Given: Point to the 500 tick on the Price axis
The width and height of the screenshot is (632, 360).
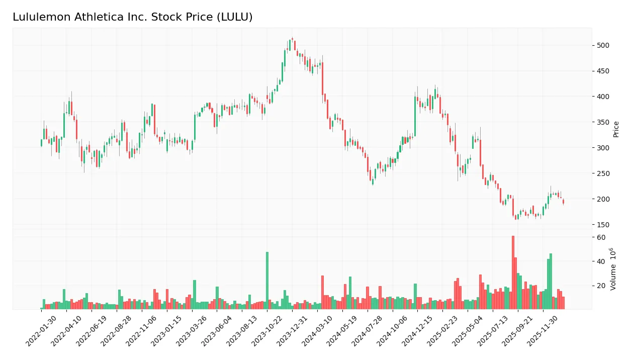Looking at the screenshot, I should [x=603, y=46].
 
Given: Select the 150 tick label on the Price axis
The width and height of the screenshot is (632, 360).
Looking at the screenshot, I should [x=603, y=225].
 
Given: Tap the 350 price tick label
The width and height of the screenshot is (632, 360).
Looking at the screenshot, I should [x=603, y=122].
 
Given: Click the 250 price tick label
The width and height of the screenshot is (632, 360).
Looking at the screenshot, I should [x=603, y=173].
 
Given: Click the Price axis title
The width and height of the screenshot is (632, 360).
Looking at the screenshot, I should [x=616, y=129].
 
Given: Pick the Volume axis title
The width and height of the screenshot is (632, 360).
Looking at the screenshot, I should [x=614, y=269].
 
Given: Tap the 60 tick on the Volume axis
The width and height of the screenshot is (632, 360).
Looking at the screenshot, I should [x=601, y=237].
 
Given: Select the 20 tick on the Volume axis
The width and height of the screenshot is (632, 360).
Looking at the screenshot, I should [x=601, y=286].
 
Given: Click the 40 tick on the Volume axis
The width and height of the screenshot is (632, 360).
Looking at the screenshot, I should [x=601, y=261].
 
